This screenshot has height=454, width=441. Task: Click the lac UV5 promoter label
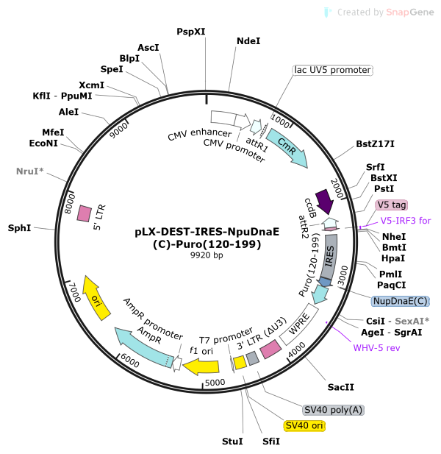click(332, 70)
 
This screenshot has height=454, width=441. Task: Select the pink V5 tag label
click(391, 205)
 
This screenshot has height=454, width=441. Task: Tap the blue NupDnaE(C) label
click(400, 301)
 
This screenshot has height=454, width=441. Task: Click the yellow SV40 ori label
click(304, 426)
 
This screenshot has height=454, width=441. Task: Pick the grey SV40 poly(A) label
click(334, 410)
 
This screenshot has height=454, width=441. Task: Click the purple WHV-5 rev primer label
click(376, 347)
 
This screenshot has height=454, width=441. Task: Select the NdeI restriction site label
click(248, 41)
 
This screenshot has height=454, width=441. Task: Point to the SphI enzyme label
click(19, 228)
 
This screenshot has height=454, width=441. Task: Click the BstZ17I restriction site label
click(375, 143)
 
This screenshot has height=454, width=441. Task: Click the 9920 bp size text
click(207, 255)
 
